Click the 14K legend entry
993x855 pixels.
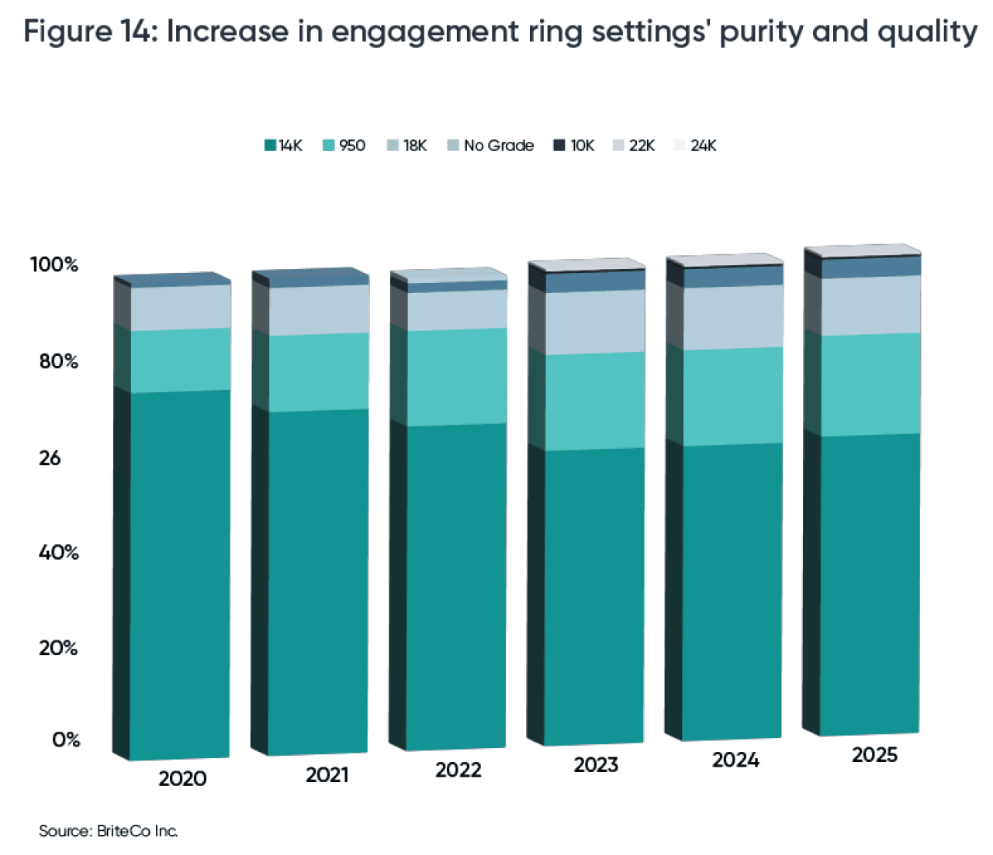coord(284,146)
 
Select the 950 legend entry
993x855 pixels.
coord(344,146)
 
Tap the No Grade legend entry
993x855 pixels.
coord(491,146)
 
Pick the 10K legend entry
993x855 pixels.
coord(574,146)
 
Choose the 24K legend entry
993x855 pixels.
coord(696,146)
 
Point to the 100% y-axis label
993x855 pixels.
coord(54,264)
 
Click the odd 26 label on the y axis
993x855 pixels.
coord(50,458)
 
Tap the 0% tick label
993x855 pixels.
coord(66,740)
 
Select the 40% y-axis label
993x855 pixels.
coord(59,553)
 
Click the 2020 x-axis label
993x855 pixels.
coord(182,778)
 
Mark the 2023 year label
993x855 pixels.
coord(596,765)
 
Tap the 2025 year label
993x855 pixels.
coord(874,755)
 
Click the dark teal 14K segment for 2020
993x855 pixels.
coord(180,574)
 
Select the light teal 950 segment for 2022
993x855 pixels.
coord(457,377)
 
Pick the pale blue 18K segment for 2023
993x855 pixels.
coord(595,322)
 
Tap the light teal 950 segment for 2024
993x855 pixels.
coord(732,396)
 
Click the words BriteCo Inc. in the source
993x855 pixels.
coord(137,831)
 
